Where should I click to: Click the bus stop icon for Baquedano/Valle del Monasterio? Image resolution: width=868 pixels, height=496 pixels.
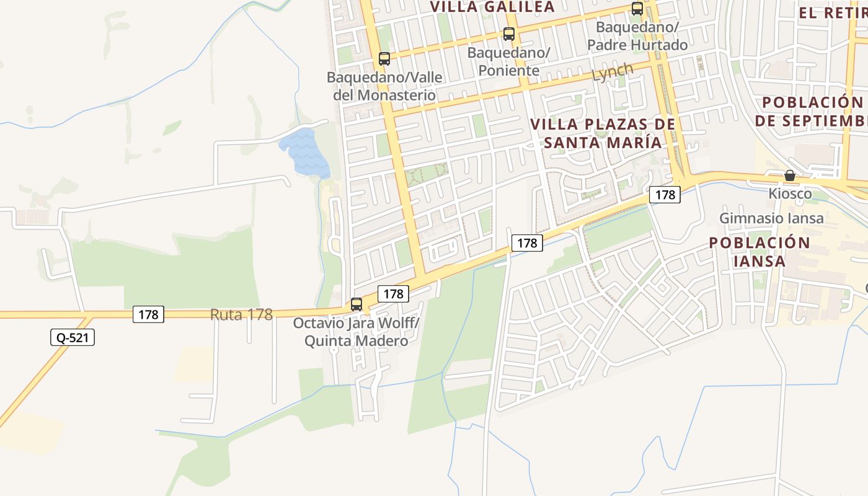(384, 59)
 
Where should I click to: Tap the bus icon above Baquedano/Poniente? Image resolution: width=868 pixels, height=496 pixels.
(509, 34)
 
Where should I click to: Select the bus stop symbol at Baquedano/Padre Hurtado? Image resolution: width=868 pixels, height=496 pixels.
(637, 9)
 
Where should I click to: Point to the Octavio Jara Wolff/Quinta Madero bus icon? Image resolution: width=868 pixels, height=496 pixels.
(356, 304)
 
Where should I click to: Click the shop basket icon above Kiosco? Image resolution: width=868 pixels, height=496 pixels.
(790, 175)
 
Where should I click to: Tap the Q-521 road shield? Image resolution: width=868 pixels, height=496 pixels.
(73, 337)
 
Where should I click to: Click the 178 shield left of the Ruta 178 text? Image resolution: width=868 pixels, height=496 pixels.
(149, 314)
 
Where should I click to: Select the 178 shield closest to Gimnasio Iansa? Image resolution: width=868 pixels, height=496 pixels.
(665, 195)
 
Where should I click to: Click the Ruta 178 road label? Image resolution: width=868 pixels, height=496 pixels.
(241, 314)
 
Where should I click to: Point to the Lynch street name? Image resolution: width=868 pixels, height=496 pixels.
(613, 73)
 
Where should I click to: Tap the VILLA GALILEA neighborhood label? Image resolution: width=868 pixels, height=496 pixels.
(492, 7)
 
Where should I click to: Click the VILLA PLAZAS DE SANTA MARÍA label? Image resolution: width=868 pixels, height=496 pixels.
(603, 133)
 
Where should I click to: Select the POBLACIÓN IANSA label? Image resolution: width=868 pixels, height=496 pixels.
(759, 251)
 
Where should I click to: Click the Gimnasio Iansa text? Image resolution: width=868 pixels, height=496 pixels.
(771, 218)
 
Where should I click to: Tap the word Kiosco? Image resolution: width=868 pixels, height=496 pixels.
(790, 194)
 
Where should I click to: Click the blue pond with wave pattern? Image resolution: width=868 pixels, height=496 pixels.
(304, 153)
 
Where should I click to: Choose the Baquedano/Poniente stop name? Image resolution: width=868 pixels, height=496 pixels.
(509, 61)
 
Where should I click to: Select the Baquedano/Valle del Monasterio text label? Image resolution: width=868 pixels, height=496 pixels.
(384, 86)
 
